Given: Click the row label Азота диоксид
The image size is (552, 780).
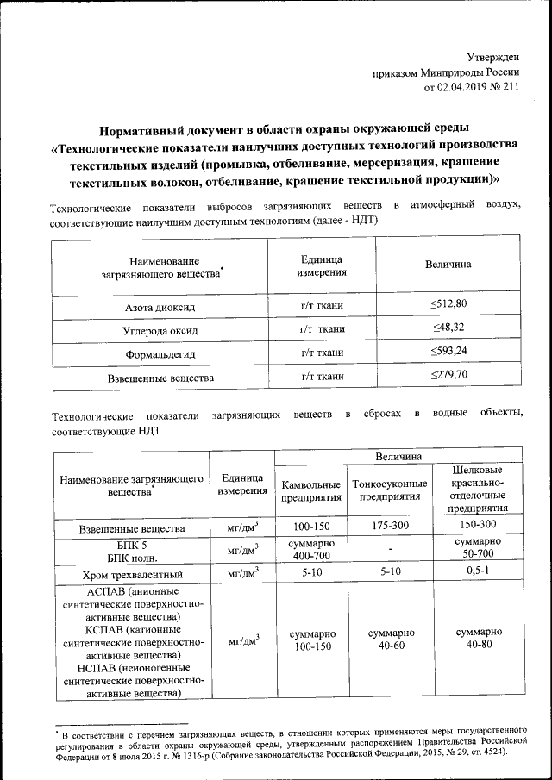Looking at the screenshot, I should tap(160, 307).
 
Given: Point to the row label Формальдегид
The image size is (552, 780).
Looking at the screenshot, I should tap(160, 353).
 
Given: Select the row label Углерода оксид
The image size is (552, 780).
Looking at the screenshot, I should tap(160, 330).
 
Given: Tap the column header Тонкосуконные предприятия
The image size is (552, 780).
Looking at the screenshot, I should tap(391, 490).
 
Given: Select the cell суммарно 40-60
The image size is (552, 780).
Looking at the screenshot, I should tap(391, 639).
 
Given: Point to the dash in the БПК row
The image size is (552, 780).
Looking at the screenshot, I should tap(391, 549).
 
